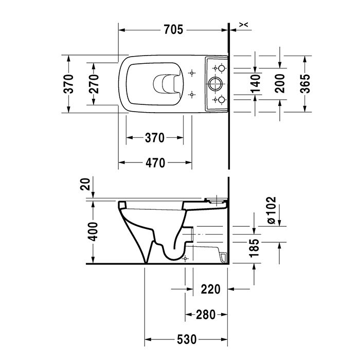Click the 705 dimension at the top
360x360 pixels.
click(173, 30)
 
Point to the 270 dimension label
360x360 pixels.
click(94, 83)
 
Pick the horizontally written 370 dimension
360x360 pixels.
click(154, 138)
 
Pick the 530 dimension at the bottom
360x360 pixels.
click(187, 339)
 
